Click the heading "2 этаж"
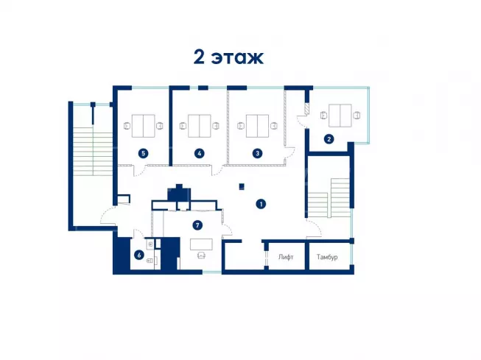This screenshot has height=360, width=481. pos(228,57)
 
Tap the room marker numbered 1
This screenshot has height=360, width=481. pos(261,204)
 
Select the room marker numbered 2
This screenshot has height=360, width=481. pos(329,139)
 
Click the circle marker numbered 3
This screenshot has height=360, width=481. pos(257,153)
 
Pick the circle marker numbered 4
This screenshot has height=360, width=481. pos(200,153)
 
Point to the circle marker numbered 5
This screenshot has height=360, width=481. pos(143,153)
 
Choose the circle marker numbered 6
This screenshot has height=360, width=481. pos(139,255)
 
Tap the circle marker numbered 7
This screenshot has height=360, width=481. pos(197,225)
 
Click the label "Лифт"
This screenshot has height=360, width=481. pos(286,257)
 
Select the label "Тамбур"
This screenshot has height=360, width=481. pos(327,257)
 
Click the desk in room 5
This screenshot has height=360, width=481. pos(143,126)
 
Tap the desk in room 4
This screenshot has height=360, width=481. pos(200,126)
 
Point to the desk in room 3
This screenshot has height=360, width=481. pos(257,126)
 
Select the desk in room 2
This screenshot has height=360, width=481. pos(340,116)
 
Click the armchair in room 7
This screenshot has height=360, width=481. pos(201,255)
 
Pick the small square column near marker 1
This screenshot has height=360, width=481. pos(242,186)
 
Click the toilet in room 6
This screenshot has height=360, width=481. pos(150,261)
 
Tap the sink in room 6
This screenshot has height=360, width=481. pos(150,244)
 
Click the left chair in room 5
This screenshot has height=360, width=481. pos(127,126)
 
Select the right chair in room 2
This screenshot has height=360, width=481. pos(357,116)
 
